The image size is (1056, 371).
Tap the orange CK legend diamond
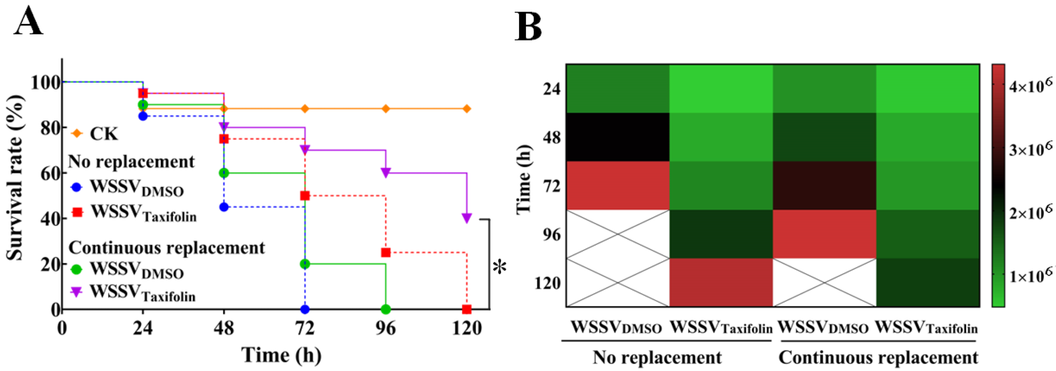tap(77, 134)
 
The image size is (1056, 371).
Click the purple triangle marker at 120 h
tap(466, 218)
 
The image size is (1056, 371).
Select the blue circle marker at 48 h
tap(224, 207)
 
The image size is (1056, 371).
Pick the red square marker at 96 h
tap(385, 252)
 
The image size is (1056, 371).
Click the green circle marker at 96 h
tap(385, 309)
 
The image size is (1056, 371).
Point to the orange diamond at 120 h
tap(466, 108)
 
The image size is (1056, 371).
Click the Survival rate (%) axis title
tap(16, 178)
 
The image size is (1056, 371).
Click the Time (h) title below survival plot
tap(281, 355)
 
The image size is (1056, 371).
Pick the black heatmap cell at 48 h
tap(618, 137)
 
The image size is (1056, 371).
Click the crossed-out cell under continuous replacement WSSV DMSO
tap(824, 282)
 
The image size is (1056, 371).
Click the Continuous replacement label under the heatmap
tap(878, 357)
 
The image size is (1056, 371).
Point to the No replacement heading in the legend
tap(131, 161)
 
